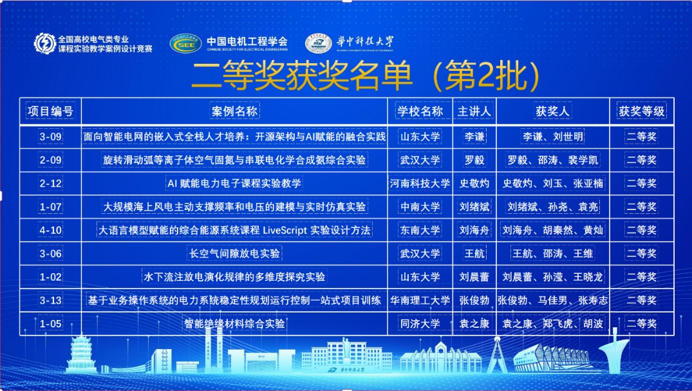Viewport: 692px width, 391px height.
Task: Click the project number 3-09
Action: pyautogui.click(x=51, y=137)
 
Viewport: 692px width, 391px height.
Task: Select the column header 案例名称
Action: pyautogui.click(x=234, y=111)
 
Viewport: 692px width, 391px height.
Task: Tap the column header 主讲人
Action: pyautogui.click(x=474, y=111)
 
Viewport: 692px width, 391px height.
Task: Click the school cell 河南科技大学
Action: pyautogui.click(x=420, y=184)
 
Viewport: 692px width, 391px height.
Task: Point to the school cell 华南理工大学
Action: pyautogui.click(x=420, y=300)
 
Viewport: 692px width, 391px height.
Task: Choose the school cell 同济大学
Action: pyautogui.click(x=420, y=324)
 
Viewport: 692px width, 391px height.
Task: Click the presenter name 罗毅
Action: pyautogui.click(x=474, y=160)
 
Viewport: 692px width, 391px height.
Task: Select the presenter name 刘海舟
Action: pyautogui.click(x=474, y=230)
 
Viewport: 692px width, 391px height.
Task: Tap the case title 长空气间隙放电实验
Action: pyautogui.click(x=234, y=254)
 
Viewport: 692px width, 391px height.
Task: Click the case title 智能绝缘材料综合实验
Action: pyautogui.click(x=234, y=324)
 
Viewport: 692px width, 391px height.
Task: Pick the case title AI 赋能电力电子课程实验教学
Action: pyautogui.click(x=234, y=184)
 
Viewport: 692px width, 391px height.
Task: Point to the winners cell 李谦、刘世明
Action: pyautogui.click(x=552, y=137)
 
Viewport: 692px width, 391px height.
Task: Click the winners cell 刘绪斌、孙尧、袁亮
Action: pyautogui.click(x=552, y=207)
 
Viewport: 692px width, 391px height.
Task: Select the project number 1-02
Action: pyautogui.click(x=51, y=277)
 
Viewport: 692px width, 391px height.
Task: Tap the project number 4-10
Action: pyautogui.click(x=51, y=230)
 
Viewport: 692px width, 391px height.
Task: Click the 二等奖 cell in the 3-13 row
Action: pyautogui.click(x=642, y=300)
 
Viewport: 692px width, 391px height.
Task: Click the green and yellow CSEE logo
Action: pyautogui.click(x=186, y=43)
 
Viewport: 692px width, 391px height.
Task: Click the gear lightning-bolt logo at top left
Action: pyautogui.click(x=45, y=43)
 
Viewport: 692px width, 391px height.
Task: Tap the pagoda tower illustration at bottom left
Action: pyautogui.click(x=81, y=354)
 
